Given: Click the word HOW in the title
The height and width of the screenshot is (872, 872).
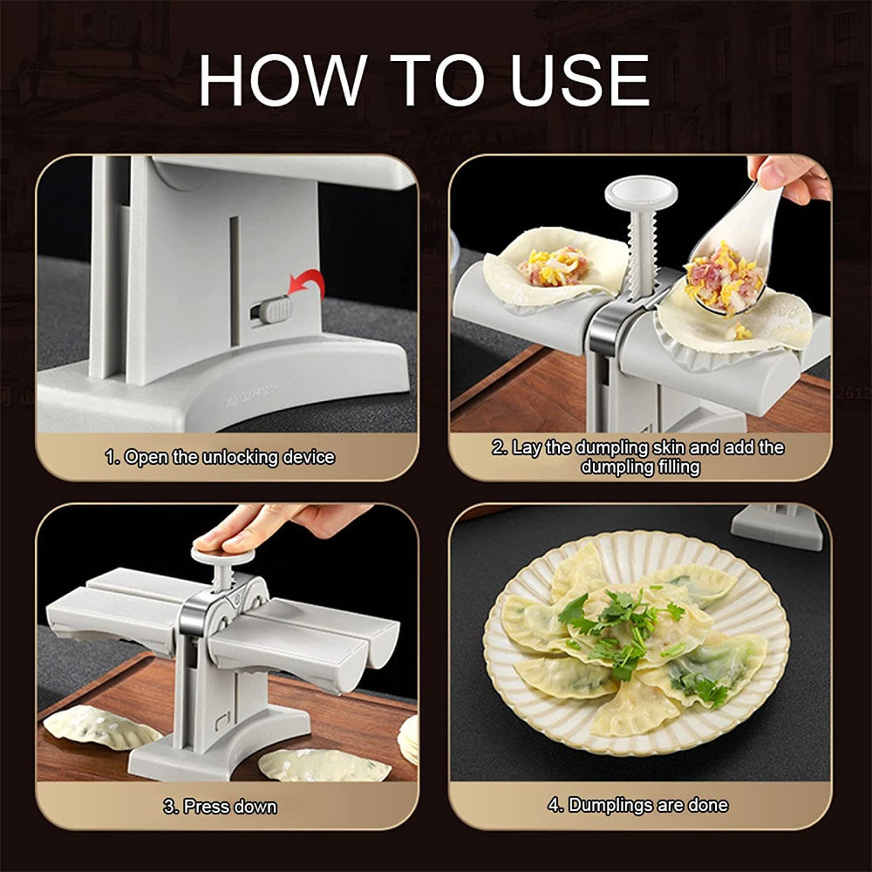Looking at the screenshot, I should (x=283, y=80).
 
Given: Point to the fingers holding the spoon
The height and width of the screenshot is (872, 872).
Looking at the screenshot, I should (x=789, y=174).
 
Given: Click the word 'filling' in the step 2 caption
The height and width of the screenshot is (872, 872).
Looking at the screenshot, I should (x=664, y=467).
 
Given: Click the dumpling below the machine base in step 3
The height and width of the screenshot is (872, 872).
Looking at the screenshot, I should (x=324, y=764).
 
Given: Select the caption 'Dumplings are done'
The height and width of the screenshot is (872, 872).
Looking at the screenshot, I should (x=638, y=805).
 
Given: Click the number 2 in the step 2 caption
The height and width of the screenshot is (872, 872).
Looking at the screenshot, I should (x=499, y=448).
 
